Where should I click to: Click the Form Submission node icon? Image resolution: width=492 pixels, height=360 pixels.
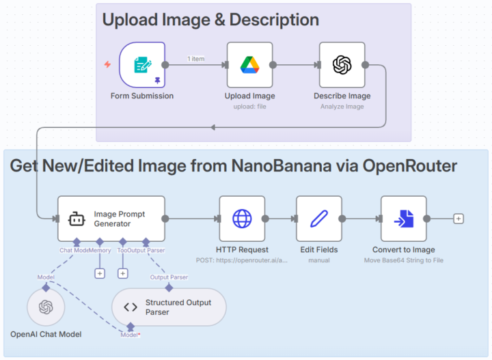point(142,65)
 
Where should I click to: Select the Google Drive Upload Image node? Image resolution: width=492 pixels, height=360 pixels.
point(249,65)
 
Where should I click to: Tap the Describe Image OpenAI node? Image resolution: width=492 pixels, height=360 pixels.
point(342,65)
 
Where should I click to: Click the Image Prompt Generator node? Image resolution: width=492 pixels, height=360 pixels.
point(111,219)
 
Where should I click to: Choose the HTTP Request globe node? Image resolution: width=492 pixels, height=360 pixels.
point(242,219)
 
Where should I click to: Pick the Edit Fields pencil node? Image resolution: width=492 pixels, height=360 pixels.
point(318,219)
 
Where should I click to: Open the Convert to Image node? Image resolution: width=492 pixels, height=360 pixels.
point(403,219)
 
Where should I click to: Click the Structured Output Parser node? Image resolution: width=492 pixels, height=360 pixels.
point(169,307)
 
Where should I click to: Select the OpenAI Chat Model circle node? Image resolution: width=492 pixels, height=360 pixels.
point(46,307)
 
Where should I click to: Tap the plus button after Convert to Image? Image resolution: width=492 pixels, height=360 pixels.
point(459,219)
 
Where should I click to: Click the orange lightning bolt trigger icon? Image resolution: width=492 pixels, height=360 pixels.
point(107,65)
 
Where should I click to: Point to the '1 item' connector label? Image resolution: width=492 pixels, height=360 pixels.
point(195,59)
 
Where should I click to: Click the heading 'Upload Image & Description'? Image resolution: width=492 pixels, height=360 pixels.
point(210,20)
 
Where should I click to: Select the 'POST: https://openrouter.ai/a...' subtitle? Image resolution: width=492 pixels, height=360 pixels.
point(242,260)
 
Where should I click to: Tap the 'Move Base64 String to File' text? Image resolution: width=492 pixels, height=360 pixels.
point(403,260)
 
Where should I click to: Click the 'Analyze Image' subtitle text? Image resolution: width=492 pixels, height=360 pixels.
point(342,107)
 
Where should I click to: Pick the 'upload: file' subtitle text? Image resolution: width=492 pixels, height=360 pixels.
point(249,107)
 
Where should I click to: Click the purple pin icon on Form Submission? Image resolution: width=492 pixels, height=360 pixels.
point(157,80)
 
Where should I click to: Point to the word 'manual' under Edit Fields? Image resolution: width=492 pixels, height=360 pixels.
point(318,260)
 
